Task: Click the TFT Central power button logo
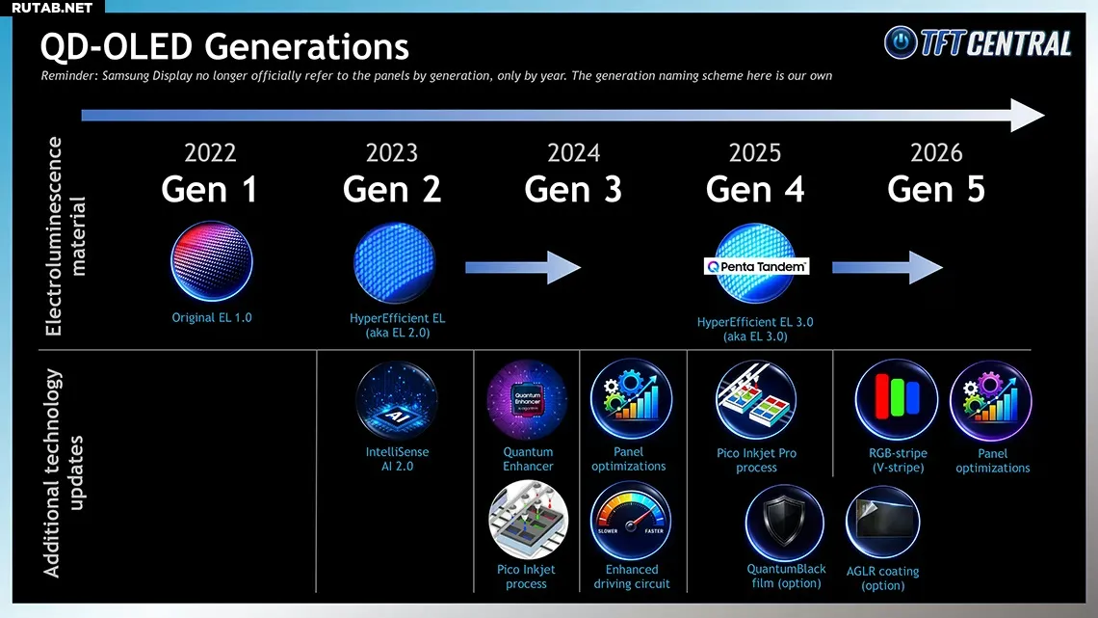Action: pos(901,42)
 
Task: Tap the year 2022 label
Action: pos(210,152)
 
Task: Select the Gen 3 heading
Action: pos(573,189)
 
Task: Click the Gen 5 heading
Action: pos(936,189)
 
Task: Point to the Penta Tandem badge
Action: pos(756,266)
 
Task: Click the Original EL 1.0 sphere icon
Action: pos(212,261)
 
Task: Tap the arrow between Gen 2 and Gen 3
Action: pos(523,267)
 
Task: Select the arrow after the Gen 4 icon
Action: pos(887,267)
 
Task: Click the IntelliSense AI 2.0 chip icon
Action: pos(397,401)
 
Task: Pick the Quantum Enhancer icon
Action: pos(527,400)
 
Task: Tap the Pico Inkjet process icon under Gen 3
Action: pos(528,520)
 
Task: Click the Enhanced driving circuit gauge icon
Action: pos(631,521)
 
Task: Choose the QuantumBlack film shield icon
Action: pos(784,523)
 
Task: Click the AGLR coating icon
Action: pos(882,523)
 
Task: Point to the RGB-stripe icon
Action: pos(897,400)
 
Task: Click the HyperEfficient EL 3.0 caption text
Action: pos(755,329)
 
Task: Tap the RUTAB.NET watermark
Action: pos(52,8)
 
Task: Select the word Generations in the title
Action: pos(306,47)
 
